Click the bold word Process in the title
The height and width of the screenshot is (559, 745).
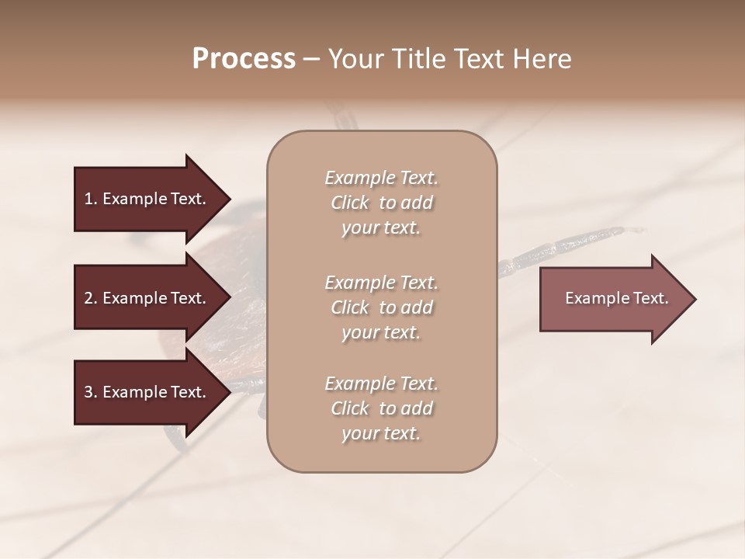[x=244, y=58]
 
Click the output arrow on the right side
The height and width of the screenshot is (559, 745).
[x=613, y=299]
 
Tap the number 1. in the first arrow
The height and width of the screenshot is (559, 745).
[x=91, y=199]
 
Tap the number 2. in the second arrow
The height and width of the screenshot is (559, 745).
[x=91, y=298]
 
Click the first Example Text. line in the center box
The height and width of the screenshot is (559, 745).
[x=381, y=178]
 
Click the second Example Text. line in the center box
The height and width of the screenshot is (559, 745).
[x=381, y=282]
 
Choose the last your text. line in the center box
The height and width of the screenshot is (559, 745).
[x=381, y=434]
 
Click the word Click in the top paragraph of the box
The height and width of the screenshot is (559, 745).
[x=349, y=203]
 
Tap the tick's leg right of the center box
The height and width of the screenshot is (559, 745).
[x=559, y=247]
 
